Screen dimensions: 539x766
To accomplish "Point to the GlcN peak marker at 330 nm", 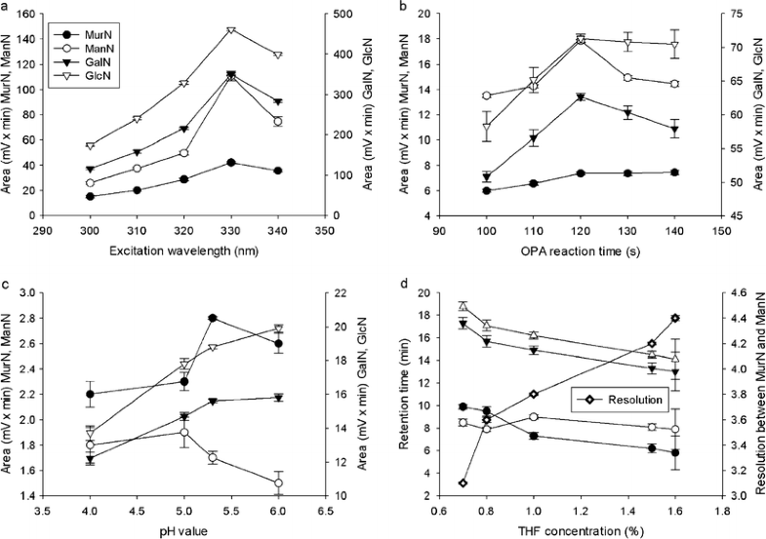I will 230,30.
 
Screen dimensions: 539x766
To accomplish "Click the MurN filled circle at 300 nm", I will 90,196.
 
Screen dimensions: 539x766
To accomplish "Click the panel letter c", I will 6,284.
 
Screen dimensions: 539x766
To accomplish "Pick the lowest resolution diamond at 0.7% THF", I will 463,482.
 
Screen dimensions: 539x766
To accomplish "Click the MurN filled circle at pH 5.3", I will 212,318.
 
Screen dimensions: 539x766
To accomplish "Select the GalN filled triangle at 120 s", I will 581,97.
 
